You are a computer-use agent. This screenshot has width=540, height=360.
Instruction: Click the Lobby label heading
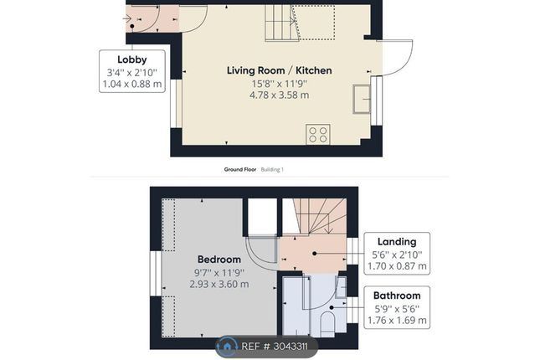[x=132, y=59]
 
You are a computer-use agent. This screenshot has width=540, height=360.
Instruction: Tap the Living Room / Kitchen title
[x=280, y=70]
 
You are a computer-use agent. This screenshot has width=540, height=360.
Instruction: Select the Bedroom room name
[x=219, y=259]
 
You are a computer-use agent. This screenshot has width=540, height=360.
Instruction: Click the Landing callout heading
[x=397, y=241]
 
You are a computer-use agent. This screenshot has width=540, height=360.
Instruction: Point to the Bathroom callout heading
[x=397, y=296]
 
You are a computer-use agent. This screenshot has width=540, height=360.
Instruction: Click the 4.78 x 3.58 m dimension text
[x=280, y=95]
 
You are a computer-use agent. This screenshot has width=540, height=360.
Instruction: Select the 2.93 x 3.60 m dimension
[x=219, y=284]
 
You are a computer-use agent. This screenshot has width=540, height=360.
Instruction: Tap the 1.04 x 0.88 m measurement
[x=132, y=84]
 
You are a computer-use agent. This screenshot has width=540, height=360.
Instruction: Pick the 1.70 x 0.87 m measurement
[x=397, y=266]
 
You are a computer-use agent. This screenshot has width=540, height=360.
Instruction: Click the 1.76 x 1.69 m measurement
[x=397, y=320]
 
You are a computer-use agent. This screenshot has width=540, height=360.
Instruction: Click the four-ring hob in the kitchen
[x=318, y=134]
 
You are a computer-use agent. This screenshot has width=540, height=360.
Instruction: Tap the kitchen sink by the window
[x=362, y=99]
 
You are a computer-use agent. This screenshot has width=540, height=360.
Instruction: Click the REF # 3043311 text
[x=275, y=347]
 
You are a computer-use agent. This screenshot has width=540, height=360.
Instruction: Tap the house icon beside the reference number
[x=227, y=346]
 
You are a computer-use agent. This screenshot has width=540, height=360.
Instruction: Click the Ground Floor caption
[x=240, y=169]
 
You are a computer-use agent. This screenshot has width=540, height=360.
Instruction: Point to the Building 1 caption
[x=272, y=169]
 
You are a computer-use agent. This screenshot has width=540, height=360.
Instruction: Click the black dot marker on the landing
[x=315, y=254]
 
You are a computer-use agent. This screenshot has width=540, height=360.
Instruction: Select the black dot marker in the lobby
[x=132, y=26]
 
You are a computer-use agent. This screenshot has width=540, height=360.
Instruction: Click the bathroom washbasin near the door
[x=341, y=287]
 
